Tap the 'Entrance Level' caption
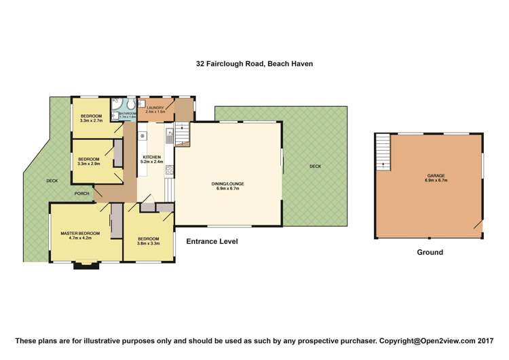click(x=207, y=241)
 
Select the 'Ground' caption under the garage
click(x=430, y=252)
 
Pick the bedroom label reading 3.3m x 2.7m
click(x=90, y=118)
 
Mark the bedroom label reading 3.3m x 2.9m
click(x=89, y=161)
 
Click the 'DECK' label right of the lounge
click(x=315, y=166)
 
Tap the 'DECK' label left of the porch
click(x=52, y=181)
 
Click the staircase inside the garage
click(x=384, y=151)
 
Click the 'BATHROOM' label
click(x=128, y=115)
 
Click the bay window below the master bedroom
click(x=86, y=266)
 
